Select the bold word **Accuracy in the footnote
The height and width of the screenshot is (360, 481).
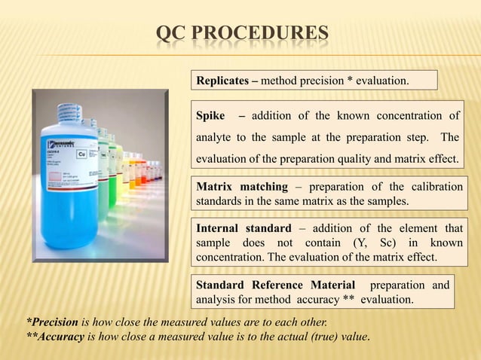(x=55, y=337)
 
